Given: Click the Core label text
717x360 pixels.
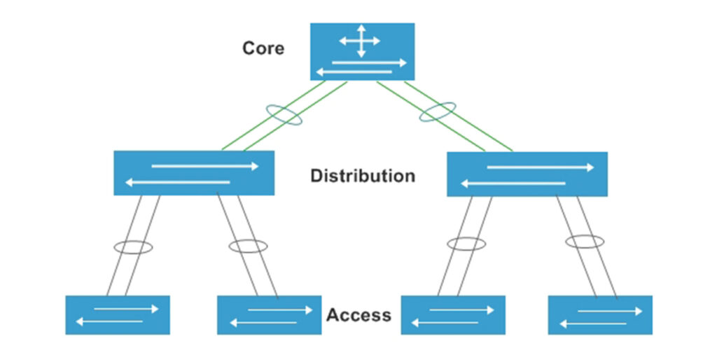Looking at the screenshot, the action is coord(263,48).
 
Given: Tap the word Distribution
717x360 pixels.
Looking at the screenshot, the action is coord(363,176).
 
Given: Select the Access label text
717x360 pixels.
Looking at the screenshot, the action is coord(359,315).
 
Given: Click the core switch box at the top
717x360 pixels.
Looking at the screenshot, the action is coord(362,52).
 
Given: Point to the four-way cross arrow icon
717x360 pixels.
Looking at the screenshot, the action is coord(361,41).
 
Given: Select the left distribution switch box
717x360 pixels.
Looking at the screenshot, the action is coord(194,173).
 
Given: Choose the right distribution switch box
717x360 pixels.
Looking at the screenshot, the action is coord(527,174).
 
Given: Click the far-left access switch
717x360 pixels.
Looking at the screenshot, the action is coord(118,315).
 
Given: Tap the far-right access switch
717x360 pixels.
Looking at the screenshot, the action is coord(600,315).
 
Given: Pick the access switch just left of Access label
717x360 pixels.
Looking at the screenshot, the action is coord(269,315).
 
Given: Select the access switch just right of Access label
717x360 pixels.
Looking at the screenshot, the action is coord(453,315).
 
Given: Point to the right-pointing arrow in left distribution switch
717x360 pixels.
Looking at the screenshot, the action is coord(205,166).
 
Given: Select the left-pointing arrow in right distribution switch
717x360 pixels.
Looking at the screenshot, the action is coord(513,184).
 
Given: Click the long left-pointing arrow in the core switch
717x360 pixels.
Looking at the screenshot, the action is coord(354,72).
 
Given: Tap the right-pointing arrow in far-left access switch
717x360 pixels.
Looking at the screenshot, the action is coord(126,309).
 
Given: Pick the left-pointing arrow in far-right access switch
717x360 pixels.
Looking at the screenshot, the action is coord(593,324).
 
